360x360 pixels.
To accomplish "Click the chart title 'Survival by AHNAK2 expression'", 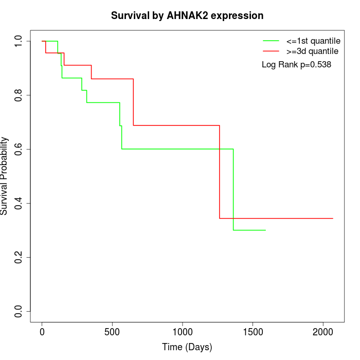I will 187,16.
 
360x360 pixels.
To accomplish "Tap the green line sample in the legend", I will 271,41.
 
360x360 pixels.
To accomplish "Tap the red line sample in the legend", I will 271,51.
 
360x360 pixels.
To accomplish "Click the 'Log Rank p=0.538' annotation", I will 296,65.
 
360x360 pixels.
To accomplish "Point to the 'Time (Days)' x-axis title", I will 187,347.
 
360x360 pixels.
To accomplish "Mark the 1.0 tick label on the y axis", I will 19,41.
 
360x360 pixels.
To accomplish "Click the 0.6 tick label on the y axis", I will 19,149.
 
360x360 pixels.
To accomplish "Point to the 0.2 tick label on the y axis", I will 19,257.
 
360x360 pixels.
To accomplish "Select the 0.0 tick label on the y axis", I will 19,311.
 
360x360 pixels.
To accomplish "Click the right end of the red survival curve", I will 333,219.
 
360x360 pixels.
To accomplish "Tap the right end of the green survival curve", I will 265,230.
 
